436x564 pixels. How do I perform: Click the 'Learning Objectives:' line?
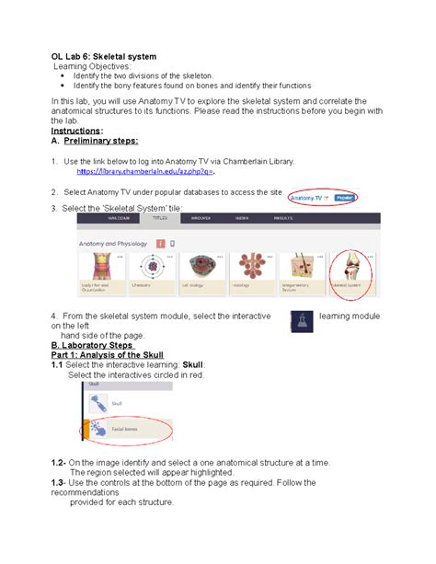coord(92,66)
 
